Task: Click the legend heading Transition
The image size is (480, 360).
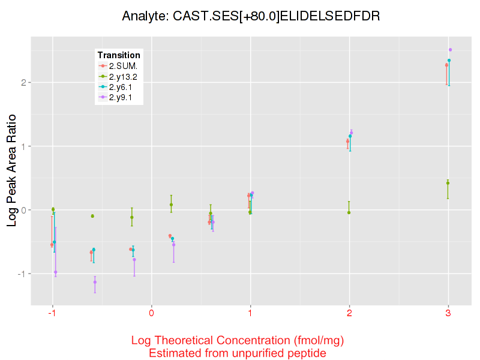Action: (119, 55)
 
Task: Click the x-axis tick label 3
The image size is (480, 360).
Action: (448, 313)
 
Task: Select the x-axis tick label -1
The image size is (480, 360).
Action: (52, 313)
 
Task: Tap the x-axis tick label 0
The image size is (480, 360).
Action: (152, 313)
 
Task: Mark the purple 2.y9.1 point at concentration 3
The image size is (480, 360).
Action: (450, 50)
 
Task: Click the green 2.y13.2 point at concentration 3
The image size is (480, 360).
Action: (448, 183)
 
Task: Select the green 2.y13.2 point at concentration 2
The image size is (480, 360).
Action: (349, 212)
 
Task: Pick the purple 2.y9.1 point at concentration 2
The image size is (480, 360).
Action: (352, 133)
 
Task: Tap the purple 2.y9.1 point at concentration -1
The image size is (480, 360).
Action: (55, 272)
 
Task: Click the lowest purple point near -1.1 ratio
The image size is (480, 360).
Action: (95, 282)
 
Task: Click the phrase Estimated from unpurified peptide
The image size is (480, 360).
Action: (237, 353)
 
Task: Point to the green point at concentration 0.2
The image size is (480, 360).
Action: (171, 205)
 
